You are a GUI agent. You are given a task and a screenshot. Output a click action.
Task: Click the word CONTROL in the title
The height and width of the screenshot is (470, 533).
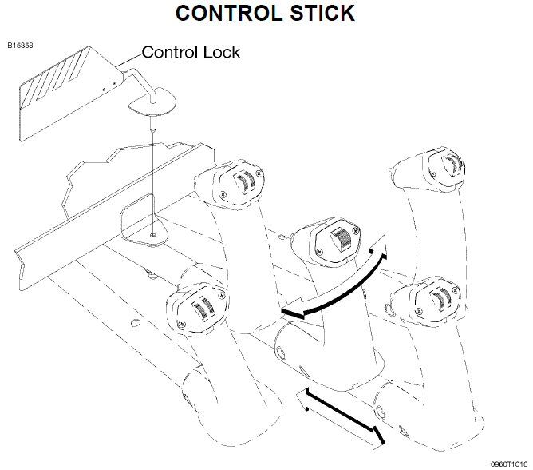tap(228, 13)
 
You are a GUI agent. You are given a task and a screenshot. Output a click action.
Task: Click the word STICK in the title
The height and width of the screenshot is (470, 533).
tap(322, 13)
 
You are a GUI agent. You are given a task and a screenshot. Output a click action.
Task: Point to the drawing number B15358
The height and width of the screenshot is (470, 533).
tap(21, 46)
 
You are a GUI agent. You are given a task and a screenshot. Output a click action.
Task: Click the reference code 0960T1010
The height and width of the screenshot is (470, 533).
tap(509, 464)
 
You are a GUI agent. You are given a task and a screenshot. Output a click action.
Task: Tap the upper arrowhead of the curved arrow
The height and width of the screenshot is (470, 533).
tap(379, 246)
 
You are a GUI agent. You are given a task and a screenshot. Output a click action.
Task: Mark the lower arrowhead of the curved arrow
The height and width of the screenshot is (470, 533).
tap(292, 309)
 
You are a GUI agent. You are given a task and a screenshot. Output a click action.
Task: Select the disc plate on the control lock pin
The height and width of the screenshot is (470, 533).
tap(152, 102)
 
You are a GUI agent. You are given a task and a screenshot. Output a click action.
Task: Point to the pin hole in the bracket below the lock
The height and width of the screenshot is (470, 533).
tap(153, 235)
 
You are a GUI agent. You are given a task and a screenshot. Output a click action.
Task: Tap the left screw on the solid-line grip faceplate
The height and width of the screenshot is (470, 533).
tap(319, 252)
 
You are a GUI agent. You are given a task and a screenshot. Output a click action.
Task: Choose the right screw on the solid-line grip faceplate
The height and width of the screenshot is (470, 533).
tap(356, 231)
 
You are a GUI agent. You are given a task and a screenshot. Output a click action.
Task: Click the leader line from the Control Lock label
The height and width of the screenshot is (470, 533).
tap(128, 60)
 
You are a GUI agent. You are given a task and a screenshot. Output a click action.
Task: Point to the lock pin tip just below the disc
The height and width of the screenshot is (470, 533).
tap(153, 125)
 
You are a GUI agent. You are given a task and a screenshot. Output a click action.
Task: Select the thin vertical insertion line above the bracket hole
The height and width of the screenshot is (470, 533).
tap(153, 183)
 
